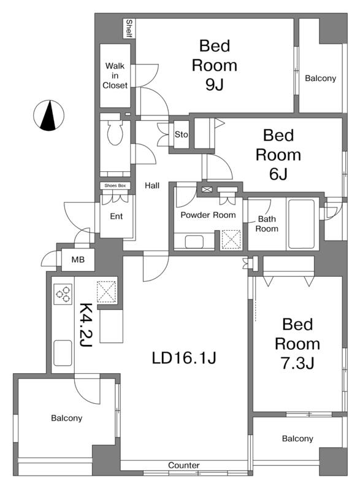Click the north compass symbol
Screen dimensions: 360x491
point(48,115)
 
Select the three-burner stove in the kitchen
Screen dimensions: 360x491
point(63,294)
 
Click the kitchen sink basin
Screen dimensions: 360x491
point(63,353)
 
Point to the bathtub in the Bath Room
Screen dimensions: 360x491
point(301,224)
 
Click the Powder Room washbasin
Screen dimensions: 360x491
point(194,241)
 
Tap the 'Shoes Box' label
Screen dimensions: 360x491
point(115,185)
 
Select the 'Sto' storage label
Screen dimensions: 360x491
point(181,134)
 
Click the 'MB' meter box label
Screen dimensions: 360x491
point(78,260)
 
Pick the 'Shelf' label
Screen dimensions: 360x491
point(129,28)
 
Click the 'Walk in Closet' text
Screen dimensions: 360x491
point(115,75)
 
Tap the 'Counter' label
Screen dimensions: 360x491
point(183,465)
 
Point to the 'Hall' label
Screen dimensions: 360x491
point(152,186)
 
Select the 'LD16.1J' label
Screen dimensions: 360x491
point(184,358)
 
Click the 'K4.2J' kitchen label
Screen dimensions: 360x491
point(85,325)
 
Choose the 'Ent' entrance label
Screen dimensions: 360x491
point(117,216)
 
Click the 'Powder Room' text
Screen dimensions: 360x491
point(208,215)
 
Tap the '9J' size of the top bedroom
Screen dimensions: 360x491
point(214,84)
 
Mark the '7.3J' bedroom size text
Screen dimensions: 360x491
point(297,363)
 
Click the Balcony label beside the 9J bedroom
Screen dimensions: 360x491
point(320,79)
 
